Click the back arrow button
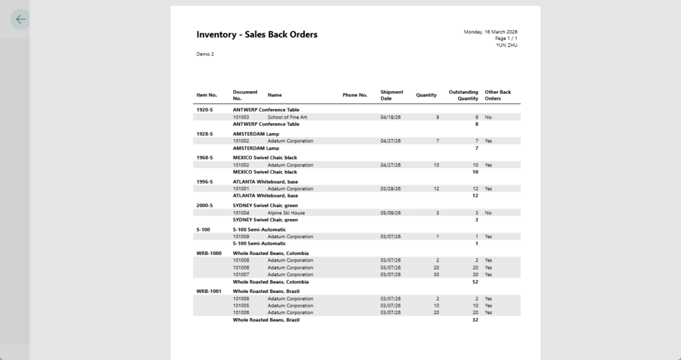pos(21,19)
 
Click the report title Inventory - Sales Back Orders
pos(257,35)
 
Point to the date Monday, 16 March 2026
pos(490,32)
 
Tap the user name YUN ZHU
pos(506,45)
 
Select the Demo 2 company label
pos(205,54)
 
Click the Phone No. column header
pos(354,95)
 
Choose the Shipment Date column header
pos(392,95)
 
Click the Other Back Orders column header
pos(497,95)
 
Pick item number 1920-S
pos(204,110)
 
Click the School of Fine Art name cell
pos(287,117)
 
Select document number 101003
pos(241,117)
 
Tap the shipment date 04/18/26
pos(390,117)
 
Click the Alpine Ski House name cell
pos(286,213)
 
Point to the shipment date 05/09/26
pos(390,213)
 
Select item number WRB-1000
pos(209,254)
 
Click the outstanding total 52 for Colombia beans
pos(475,282)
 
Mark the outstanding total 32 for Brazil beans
pos(475,320)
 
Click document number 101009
pos(241,237)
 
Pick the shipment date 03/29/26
pos(390,189)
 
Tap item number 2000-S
pos(204,206)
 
